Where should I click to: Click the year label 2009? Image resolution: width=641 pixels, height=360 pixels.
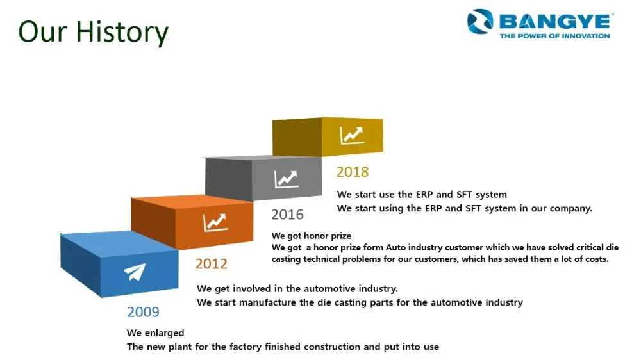pyautogui.click(x=143, y=312)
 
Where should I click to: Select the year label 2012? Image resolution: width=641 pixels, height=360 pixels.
pyautogui.click(x=211, y=263)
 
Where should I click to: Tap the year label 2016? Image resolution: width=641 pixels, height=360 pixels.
pyautogui.click(x=287, y=215)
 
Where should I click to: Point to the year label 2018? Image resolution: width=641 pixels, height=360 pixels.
pyautogui.click(x=353, y=172)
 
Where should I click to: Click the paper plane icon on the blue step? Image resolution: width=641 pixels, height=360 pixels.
pyautogui.click(x=135, y=272)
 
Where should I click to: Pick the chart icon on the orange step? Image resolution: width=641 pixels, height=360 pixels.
pyautogui.click(x=215, y=223)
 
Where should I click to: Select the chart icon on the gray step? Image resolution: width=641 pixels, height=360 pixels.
pyautogui.click(x=286, y=179)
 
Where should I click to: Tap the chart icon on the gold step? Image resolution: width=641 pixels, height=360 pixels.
pyautogui.click(x=352, y=136)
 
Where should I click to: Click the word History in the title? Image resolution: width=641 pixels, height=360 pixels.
pyautogui.click(x=122, y=32)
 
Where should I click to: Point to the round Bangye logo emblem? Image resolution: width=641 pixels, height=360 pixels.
pyautogui.click(x=480, y=21)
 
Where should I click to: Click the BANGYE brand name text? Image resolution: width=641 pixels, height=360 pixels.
pyautogui.click(x=556, y=21)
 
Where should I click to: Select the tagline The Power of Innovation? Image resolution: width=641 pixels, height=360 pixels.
pyautogui.click(x=554, y=36)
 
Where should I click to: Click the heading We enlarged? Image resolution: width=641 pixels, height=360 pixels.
pyautogui.click(x=155, y=333)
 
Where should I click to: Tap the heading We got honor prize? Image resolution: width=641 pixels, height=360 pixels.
pyautogui.click(x=312, y=236)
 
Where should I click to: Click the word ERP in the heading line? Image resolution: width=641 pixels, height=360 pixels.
pyautogui.click(x=424, y=195)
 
